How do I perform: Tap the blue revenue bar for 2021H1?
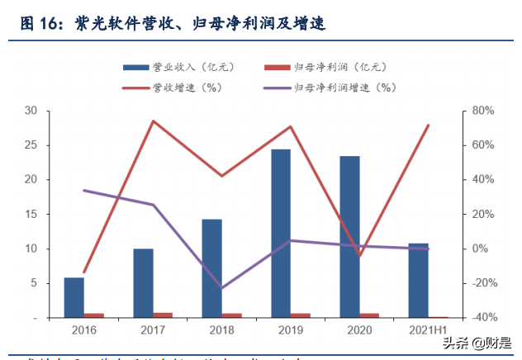pyautogui.click(x=418, y=281)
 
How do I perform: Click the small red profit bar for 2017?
pyautogui.click(x=163, y=315)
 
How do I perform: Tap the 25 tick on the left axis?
pyautogui.click(x=31, y=145)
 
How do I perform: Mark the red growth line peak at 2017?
pyautogui.click(x=153, y=121)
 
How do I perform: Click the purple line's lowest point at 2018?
pyautogui.click(x=221, y=288)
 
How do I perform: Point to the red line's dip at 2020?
pyautogui.click(x=358, y=256)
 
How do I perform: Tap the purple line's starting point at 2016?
pyautogui.click(x=84, y=191)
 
